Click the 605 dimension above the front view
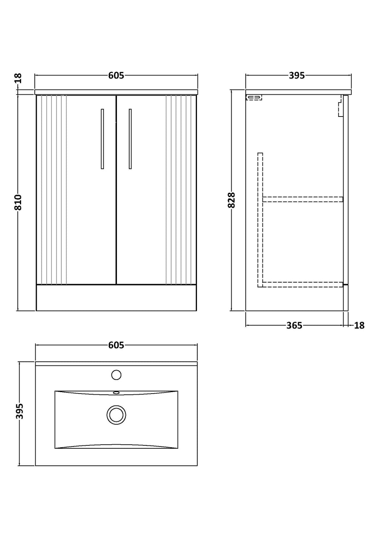116,75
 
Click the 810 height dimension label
18,202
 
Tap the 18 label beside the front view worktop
19,78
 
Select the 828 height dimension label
231,200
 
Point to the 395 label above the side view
297,75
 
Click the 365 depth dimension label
294,326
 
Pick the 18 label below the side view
359,326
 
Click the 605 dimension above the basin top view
116,345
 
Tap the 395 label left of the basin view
19,411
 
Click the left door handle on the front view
103,139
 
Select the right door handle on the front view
130,139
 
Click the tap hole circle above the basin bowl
116,375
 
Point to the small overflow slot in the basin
116,392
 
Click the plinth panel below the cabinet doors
116,298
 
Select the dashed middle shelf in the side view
303,199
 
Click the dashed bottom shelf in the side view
303,284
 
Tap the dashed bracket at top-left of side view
254,97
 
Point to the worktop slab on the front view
116,92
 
